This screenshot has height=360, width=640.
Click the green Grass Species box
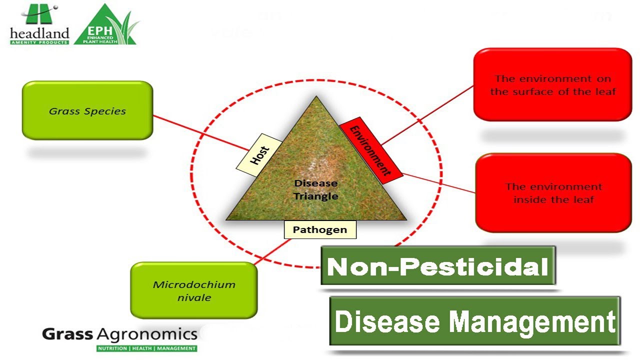coord(87,110)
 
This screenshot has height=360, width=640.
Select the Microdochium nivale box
coord(194,290)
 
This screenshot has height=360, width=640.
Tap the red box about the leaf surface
coord(552,84)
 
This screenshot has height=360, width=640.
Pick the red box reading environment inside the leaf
coord(553,192)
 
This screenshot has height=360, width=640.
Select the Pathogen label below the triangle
coord(320,229)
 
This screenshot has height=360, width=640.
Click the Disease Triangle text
coord(316,190)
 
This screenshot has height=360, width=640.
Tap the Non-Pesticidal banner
coord(438,266)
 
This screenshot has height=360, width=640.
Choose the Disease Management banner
coord(475,321)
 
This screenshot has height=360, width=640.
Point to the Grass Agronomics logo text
coord(120,334)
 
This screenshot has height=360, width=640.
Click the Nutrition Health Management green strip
coord(147,348)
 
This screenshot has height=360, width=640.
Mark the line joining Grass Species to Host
coord(200,132)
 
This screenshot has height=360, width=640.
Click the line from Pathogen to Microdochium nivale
coord(272,251)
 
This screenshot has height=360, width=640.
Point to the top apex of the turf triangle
coord(316,97)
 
